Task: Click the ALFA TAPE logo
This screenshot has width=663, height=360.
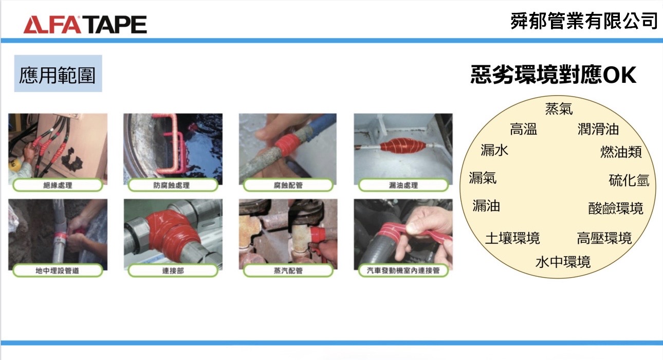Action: [x=85, y=25]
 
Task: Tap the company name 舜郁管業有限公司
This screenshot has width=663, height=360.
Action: [x=584, y=21]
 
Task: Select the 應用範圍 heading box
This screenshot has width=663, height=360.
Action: [x=58, y=74]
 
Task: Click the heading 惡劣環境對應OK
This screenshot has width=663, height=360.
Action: [x=554, y=75]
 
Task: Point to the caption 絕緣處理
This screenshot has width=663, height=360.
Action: [x=58, y=185]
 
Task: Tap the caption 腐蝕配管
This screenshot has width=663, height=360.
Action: [x=288, y=185]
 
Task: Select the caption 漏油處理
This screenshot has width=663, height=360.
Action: [x=403, y=185]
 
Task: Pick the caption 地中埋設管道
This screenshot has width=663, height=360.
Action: [x=58, y=271]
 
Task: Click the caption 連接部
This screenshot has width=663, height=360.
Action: [x=173, y=271]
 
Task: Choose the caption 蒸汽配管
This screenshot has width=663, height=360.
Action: [x=288, y=271]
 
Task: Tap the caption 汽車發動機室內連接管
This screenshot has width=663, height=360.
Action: [x=403, y=271]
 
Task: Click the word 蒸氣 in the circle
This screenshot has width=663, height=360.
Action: [x=559, y=109]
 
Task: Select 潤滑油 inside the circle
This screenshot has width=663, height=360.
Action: [x=598, y=129]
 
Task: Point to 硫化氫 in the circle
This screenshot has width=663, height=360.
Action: [x=629, y=180]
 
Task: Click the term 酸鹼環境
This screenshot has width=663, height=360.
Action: [x=616, y=208]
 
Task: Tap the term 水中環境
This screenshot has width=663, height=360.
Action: [x=563, y=262]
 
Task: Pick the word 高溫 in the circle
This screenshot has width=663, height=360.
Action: [x=523, y=129]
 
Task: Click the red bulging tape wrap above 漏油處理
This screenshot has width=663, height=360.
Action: [x=402, y=146]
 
